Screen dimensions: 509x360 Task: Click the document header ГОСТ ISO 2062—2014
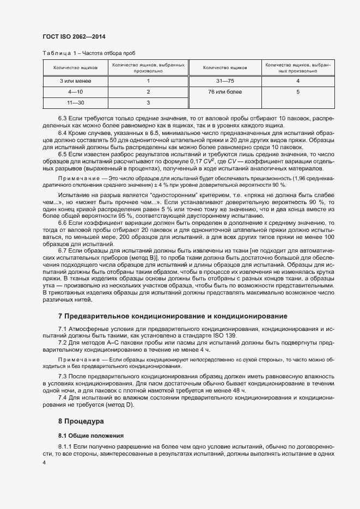point(74,36)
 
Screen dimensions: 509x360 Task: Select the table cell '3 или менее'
point(76,81)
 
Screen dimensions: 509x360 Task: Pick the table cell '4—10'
point(76,91)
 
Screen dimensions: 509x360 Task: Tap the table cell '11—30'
point(76,102)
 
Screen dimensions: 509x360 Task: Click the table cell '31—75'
point(224,81)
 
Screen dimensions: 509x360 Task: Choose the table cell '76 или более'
point(224,91)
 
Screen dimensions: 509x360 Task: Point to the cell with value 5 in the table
point(298,91)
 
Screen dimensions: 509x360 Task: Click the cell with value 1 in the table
point(148,81)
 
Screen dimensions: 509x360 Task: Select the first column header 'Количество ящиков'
point(76,68)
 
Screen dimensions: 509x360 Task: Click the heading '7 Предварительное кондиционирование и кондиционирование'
point(172,316)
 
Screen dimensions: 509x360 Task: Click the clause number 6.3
point(63,118)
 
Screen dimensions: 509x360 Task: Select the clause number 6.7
point(63,250)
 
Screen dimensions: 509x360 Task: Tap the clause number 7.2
point(63,344)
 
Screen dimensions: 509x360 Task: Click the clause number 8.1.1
point(65,447)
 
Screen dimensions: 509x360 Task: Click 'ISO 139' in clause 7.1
point(225,336)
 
